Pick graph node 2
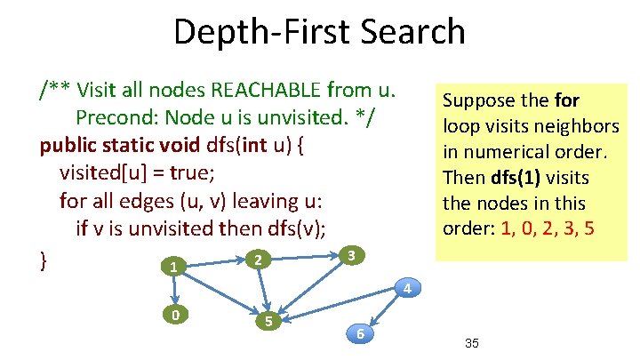256,260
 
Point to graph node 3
353,256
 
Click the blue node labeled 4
405,288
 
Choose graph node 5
268,321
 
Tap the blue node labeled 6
359,333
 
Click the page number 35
472,343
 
